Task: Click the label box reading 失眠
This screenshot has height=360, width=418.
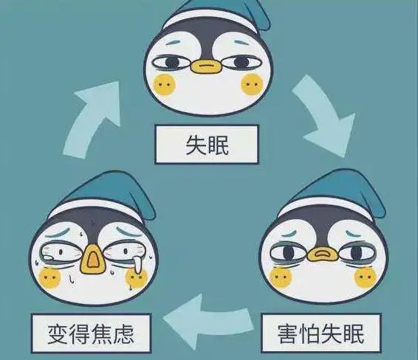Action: pos(207,145)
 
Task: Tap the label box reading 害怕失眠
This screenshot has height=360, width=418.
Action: pos(321,333)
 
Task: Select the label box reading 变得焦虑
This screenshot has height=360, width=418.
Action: pos(91,333)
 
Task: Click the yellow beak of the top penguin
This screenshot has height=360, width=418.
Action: pos(206,66)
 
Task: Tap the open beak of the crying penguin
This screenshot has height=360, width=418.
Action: pos(92,260)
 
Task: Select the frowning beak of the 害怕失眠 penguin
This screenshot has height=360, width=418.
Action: pos(323,254)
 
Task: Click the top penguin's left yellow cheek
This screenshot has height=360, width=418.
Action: pos(165,85)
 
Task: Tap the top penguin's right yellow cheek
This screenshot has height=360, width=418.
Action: pos(252,85)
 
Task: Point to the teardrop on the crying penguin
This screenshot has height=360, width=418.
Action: pos(137,264)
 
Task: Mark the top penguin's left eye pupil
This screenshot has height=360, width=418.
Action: pos(173,63)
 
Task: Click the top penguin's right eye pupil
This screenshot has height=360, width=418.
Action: pos(241,62)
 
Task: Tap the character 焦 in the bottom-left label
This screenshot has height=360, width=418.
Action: pos(102,334)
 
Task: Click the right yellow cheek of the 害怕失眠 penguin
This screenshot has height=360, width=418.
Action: pos(366,277)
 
